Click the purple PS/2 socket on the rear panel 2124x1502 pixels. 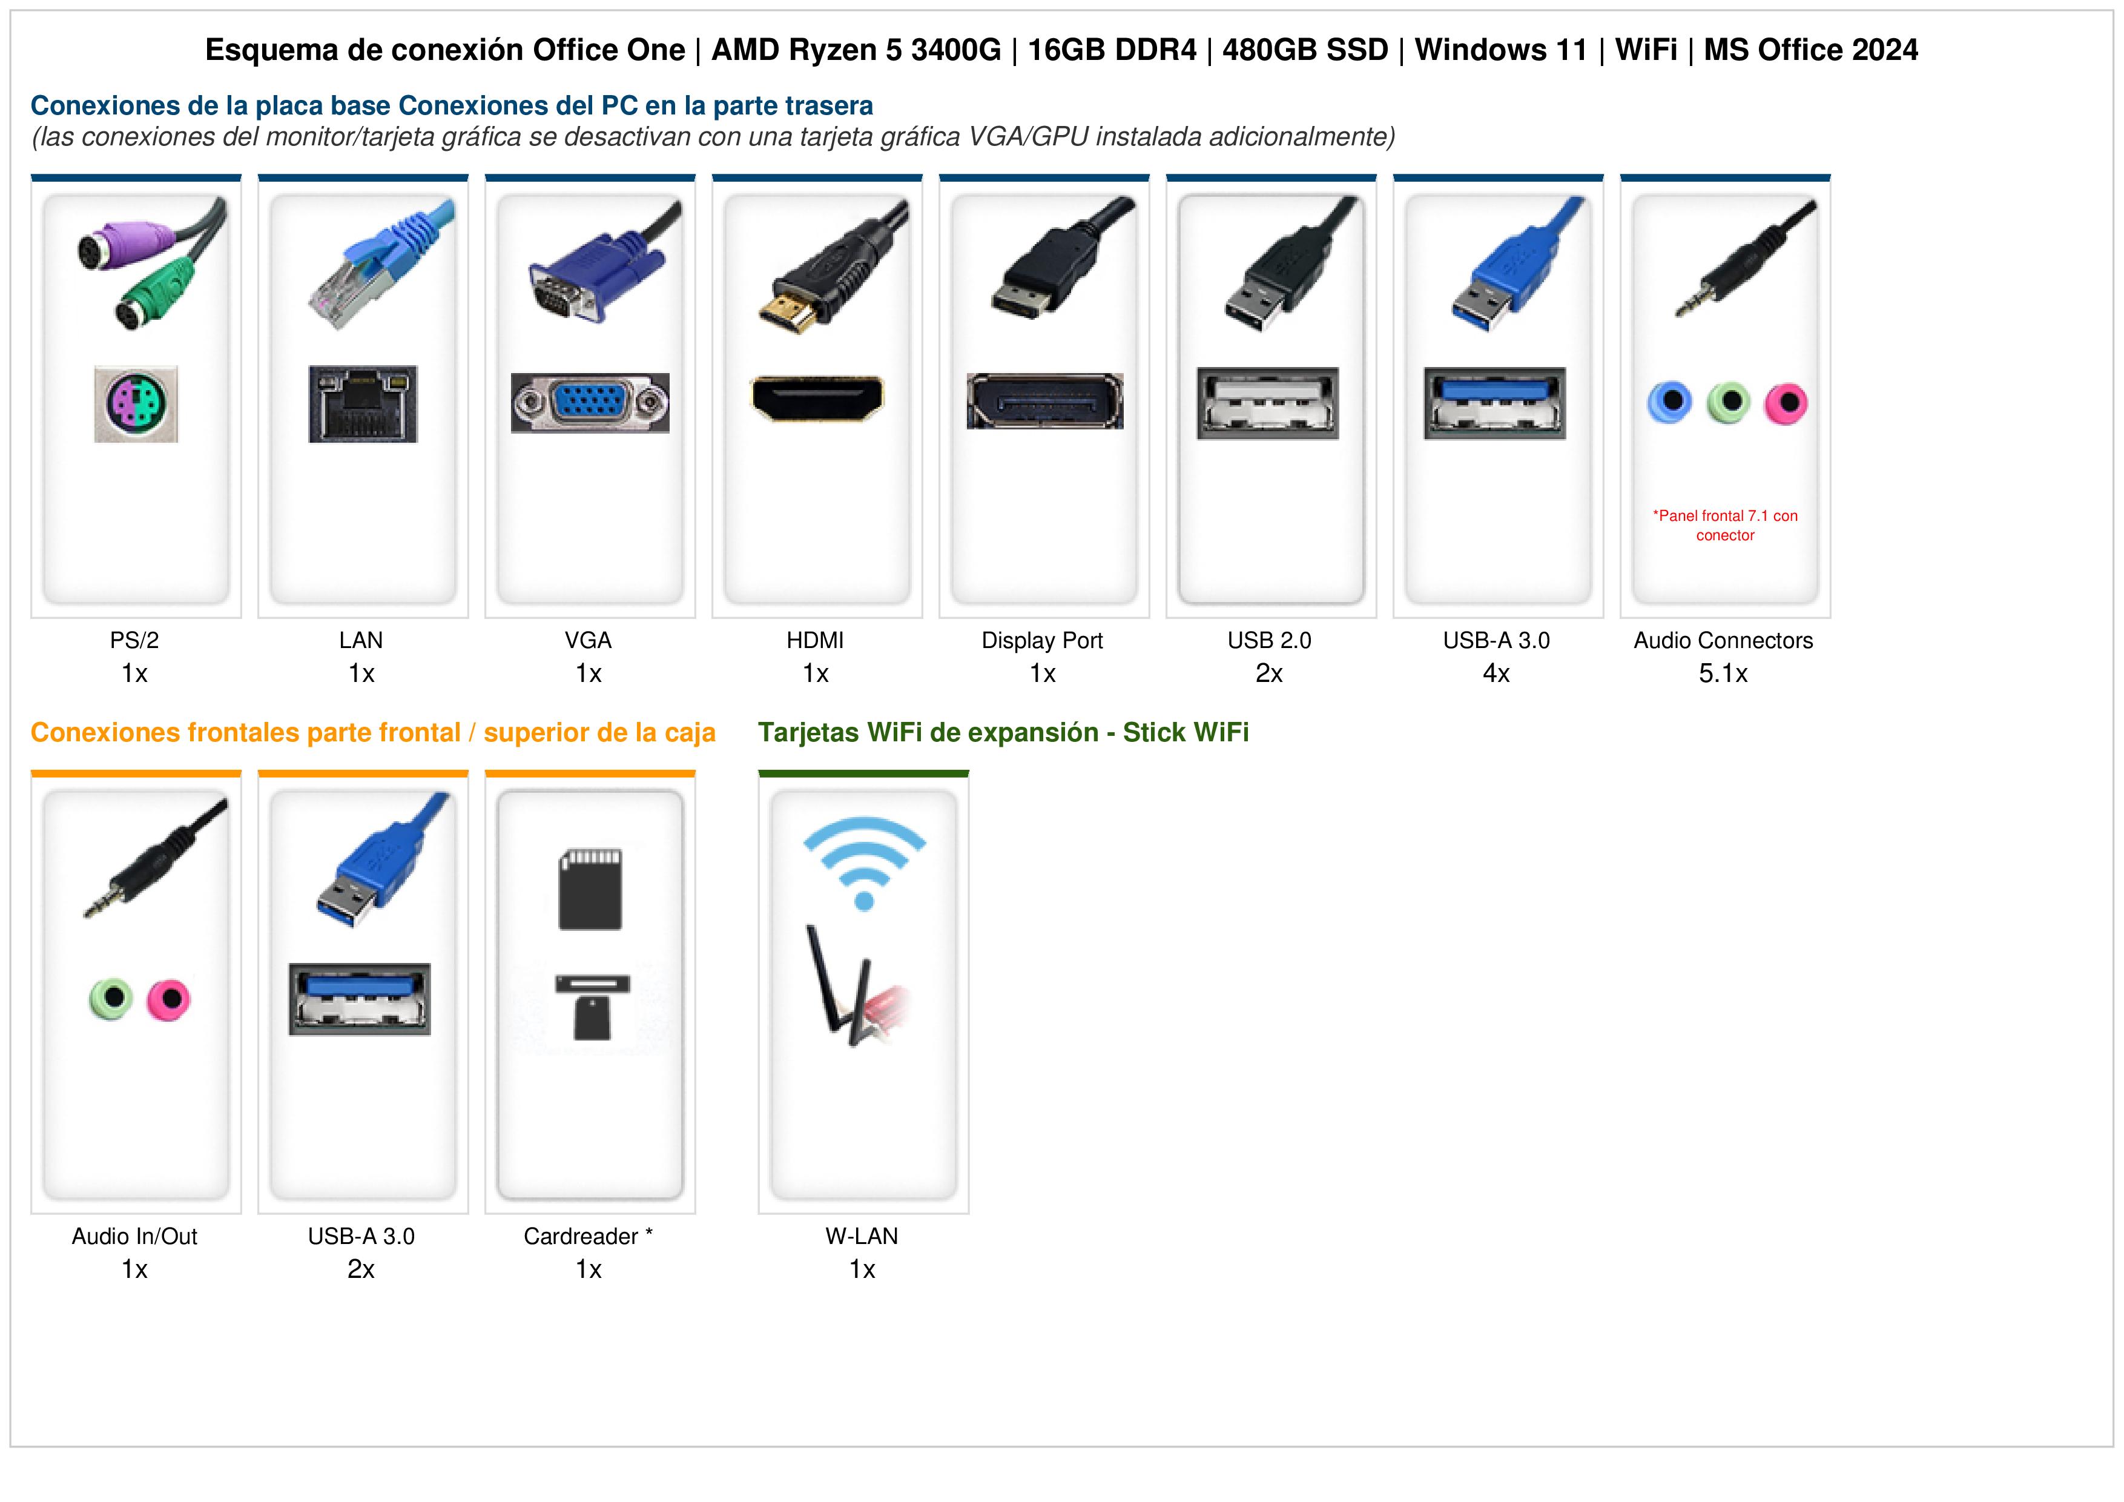click(136, 403)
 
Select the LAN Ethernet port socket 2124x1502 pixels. click(363, 403)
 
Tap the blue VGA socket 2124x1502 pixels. click(590, 403)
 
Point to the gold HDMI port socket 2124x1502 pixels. click(817, 398)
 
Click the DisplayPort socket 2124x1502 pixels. click(1044, 402)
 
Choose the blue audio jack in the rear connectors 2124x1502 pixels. click(1670, 403)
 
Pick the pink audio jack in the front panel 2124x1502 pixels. click(168, 999)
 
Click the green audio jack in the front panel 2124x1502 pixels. click(111, 999)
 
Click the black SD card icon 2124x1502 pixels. click(590, 889)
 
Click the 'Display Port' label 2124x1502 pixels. click(1043, 640)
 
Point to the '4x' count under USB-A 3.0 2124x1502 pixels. click(1497, 673)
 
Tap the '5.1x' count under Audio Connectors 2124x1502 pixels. click(1723, 673)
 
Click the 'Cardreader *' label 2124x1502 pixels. click(589, 1236)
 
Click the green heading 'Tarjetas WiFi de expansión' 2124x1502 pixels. click(928, 733)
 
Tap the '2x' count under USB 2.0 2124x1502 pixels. click(1269, 673)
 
